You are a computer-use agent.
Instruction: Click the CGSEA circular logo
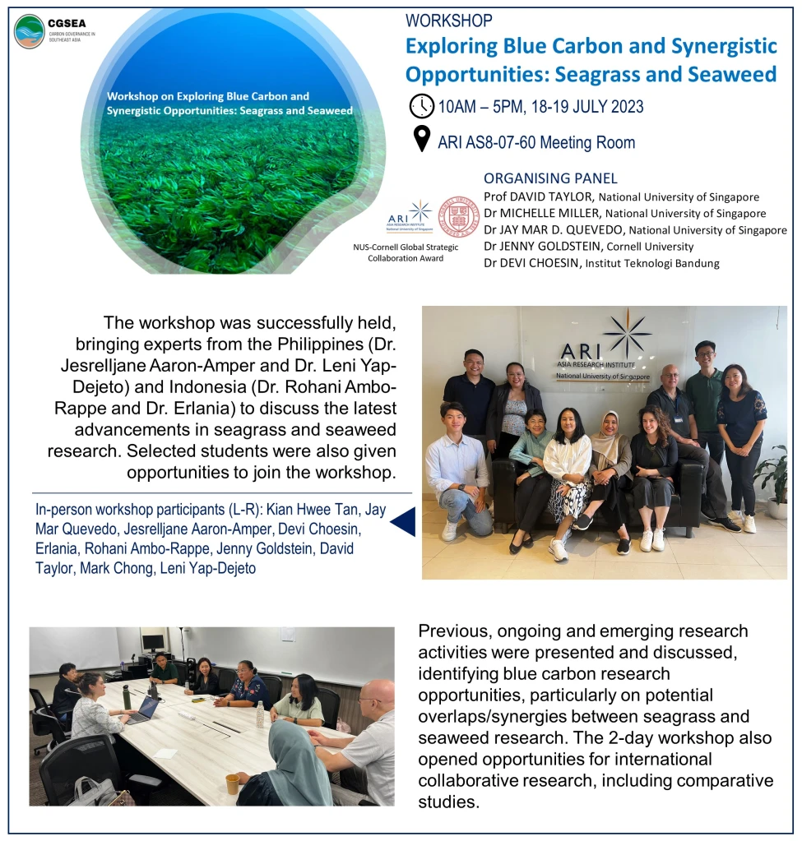(30, 31)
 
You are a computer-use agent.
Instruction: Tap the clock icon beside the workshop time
(421, 106)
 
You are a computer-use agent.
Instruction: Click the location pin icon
(421, 141)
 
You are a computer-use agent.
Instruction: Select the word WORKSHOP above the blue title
(448, 21)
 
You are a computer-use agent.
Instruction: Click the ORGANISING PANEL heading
(550, 178)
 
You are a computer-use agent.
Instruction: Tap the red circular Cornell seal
(459, 217)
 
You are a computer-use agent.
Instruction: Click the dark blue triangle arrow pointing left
(402, 522)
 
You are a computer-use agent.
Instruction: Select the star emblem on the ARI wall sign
(627, 333)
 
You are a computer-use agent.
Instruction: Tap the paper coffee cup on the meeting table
(232, 783)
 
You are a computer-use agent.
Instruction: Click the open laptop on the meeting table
(145, 709)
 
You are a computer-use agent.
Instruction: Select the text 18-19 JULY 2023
(586, 107)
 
